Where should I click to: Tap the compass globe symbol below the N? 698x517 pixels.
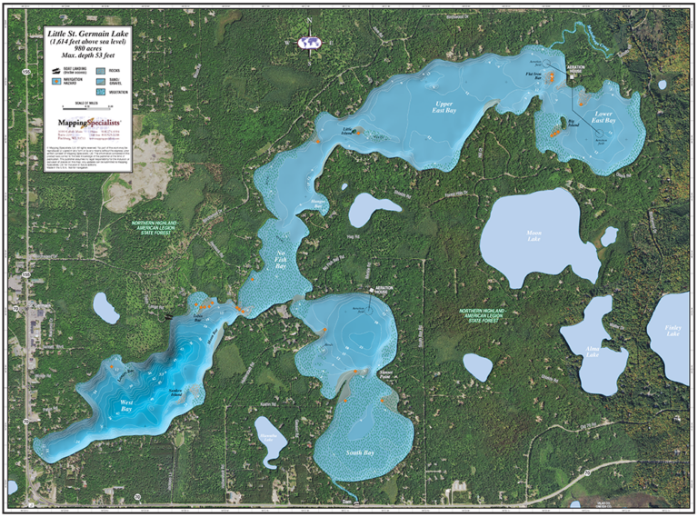coord(309,41)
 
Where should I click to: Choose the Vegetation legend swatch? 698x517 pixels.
coord(100,92)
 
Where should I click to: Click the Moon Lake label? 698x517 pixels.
coord(533,234)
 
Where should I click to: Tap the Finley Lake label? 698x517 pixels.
coord(673,332)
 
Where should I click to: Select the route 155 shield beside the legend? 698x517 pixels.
coord(28,70)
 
